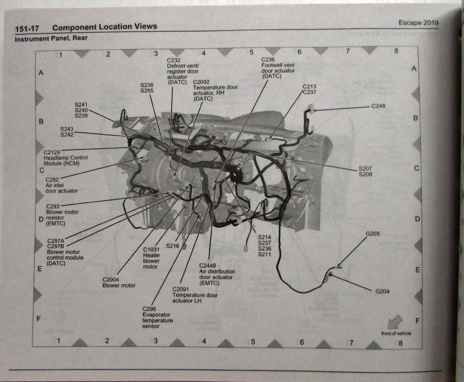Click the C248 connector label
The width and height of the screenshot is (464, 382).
(x=378, y=106)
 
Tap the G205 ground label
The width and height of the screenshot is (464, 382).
(x=373, y=234)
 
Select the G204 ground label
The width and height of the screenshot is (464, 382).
(x=382, y=291)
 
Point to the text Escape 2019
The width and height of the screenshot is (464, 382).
(x=418, y=23)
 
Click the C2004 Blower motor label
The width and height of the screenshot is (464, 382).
(x=119, y=282)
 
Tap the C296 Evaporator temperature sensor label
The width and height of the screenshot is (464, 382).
(x=157, y=317)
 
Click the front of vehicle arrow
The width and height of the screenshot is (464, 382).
(x=395, y=322)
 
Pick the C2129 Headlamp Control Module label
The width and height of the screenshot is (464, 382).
(x=65, y=158)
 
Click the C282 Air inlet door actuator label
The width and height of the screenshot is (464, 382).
(x=61, y=185)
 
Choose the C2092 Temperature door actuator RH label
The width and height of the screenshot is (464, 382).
(x=215, y=90)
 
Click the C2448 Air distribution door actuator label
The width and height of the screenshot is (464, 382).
(x=217, y=274)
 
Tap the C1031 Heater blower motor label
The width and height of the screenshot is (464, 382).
(x=151, y=258)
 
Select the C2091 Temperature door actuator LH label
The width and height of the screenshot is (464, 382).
(x=194, y=295)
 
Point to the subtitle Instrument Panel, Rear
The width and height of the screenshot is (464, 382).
(x=51, y=39)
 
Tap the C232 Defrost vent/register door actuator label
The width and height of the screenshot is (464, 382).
(x=182, y=71)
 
